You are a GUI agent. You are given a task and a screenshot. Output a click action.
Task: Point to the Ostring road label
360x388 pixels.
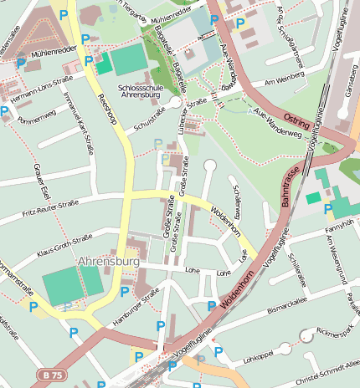pyautogui.click(x=297, y=120)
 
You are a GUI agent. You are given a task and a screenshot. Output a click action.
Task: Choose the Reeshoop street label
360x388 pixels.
pyautogui.click(x=107, y=109)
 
